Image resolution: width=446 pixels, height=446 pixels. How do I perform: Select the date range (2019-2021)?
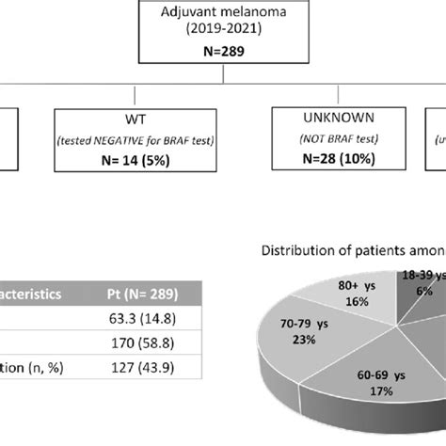(x=223, y=31)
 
